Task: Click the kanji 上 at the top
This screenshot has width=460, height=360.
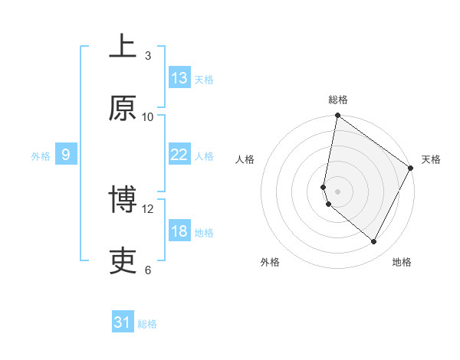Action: click(x=123, y=48)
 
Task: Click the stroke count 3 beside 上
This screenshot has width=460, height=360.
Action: click(x=147, y=56)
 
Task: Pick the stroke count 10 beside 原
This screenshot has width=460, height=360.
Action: click(x=148, y=116)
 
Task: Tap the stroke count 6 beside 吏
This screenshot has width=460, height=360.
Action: click(x=147, y=270)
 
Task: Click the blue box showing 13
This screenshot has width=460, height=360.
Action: click(x=179, y=78)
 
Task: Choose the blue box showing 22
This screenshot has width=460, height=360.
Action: click(x=179, y=155)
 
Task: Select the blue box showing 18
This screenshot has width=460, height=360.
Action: click(x=179, y=231)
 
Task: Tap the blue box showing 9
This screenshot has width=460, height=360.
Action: click(x=66, y=155)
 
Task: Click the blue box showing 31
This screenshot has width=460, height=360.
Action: click(x=123, y=322)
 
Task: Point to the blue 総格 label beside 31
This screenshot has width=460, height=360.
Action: click(x=147, y=324)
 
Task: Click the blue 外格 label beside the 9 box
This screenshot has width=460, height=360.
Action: click(x=41, y=156)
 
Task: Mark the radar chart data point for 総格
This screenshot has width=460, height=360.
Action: click(x=337, y=116)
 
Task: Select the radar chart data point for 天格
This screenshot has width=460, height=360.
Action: click(x=411, y=169)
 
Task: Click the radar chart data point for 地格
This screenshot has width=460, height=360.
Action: click(x=374, y=242)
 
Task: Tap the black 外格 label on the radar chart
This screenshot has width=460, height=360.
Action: click(x=270, y=262)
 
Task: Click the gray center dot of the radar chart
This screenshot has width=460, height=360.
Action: click(x=337, y=191)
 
